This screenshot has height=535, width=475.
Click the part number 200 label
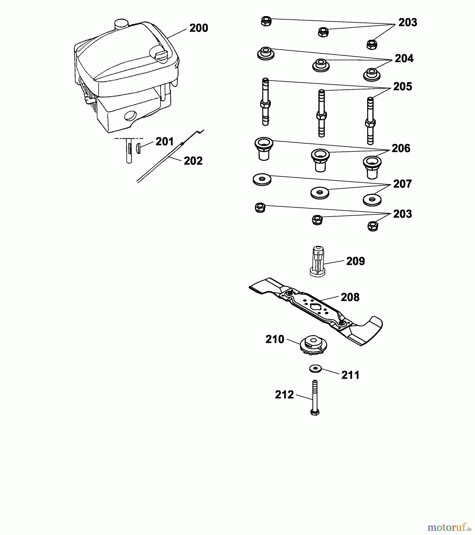coord(199,28)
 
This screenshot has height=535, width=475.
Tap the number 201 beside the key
coord(165,142)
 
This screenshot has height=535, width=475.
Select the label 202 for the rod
coord(193,161)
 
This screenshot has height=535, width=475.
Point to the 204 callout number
coord(404,59)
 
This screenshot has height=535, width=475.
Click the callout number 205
coord(403,87)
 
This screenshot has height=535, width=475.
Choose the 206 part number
coord(401,148)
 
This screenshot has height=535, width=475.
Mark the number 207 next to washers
coord(403,184)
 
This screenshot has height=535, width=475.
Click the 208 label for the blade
coord(350,297)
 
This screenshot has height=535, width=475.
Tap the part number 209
coord(355,261)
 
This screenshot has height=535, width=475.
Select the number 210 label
coord(275,339)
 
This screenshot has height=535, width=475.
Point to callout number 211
coord(351,375)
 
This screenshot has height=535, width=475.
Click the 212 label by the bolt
coord(284,395)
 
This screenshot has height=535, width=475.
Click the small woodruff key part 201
coord(138,148)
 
